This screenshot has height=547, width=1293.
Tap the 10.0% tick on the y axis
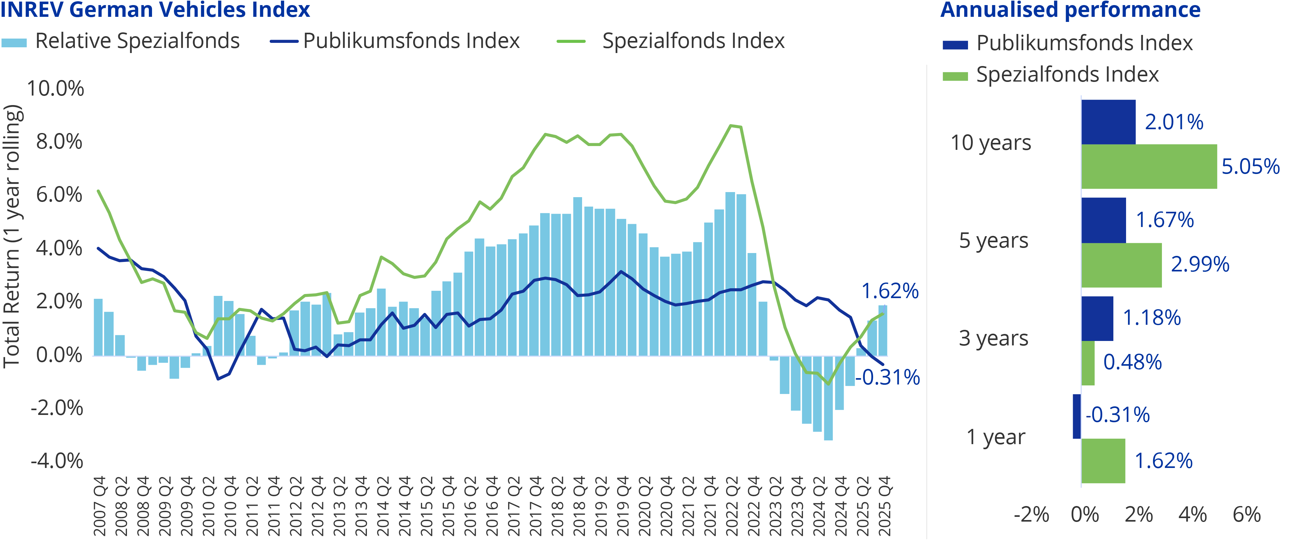tap(55, 89)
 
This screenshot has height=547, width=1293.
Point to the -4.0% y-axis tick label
tap(57, 461)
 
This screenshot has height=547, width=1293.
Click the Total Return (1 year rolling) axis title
tap(12, 236)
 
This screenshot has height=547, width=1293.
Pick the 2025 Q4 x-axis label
tap(885, 506)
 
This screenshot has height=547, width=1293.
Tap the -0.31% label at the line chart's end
tap(887, 377)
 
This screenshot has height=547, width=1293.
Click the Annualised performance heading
tap(1070, 10)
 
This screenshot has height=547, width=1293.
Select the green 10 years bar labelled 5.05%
tap(1149, 167)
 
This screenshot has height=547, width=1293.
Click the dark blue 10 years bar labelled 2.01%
tap(1108, 122)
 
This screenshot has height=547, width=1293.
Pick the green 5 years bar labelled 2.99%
tap(1121, 265)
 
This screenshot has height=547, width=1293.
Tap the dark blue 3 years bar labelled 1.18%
tap(1097, 318)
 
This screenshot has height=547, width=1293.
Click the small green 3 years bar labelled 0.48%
tap(1088, 363)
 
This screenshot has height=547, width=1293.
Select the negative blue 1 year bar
tap(1077, 417)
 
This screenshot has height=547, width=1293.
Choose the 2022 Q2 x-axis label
tap(732, 506)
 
